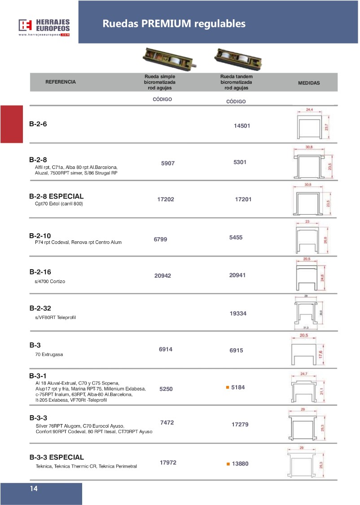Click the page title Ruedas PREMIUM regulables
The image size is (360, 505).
174,23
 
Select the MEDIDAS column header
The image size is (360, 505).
309,83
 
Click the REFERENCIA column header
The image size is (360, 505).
61,82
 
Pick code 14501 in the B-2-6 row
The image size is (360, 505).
241,126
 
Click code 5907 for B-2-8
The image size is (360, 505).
167,164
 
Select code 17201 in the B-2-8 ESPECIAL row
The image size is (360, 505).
246,199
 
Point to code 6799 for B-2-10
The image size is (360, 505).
160,239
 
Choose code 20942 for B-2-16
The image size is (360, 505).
162,276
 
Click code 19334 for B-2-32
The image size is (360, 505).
238,314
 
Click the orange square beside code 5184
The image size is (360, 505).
228,387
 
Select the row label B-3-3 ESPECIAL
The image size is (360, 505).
57,457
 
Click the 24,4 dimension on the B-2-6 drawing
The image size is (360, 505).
309,109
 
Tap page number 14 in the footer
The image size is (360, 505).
34,489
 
